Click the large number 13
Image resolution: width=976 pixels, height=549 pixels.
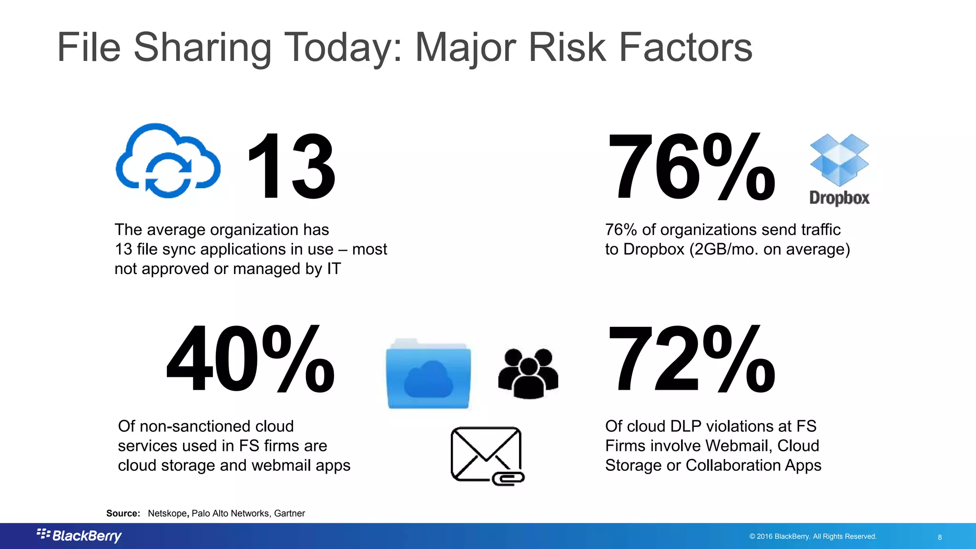tap(291, 167)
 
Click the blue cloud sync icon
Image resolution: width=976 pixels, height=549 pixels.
tap(168, 161)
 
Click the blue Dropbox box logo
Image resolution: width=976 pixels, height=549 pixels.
tap(839, 160)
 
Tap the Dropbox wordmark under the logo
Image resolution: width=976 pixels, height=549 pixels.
tap(839, 198)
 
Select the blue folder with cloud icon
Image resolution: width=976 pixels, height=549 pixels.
tap(428, 374)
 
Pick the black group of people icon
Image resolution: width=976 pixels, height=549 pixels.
tap(528, 373)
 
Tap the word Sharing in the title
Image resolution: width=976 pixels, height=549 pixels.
tap(203, 48)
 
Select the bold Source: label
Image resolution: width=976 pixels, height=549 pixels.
tap(123, 513)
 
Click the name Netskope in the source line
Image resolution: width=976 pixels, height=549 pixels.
tap(167, 513)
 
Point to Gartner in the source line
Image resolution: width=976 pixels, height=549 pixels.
tap(289, 513)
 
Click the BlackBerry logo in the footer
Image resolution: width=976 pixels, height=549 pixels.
tap(80, 536)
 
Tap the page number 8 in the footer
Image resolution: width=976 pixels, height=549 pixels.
tap(940, 537)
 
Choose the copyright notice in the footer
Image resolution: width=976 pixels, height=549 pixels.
tap(813, 537)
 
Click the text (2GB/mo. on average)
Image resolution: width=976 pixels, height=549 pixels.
tap(770, 249)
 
